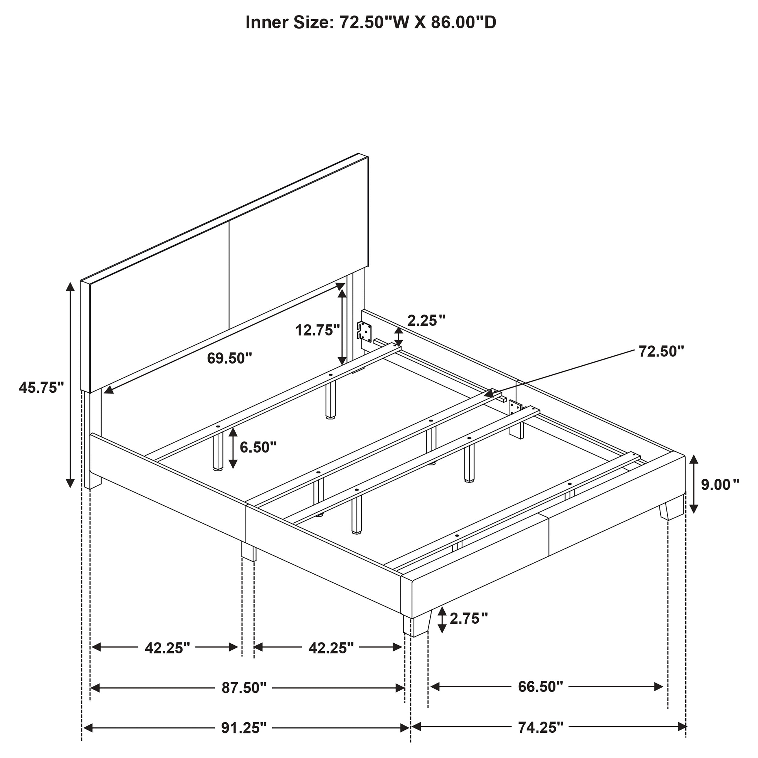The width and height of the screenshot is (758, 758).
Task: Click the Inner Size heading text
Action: tap(371, 22)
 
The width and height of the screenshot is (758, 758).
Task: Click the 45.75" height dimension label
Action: tap(41, 387)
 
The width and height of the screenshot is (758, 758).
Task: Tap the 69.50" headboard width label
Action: tap(230, 358)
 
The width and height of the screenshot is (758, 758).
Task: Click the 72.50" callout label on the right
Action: tap(661, 351)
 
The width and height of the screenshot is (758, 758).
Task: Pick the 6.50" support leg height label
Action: tap(258, 447)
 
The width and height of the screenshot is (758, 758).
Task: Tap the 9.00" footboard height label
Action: tap(720, 485)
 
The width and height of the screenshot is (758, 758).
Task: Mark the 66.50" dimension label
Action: tap(540, 686)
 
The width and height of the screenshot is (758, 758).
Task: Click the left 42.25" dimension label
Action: tap(167, 648)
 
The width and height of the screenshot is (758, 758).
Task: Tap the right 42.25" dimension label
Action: tap(331, 648)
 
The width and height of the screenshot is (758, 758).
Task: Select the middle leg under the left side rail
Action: tap(249, 552)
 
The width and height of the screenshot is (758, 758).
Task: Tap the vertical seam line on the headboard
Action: tap(229, 275)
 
